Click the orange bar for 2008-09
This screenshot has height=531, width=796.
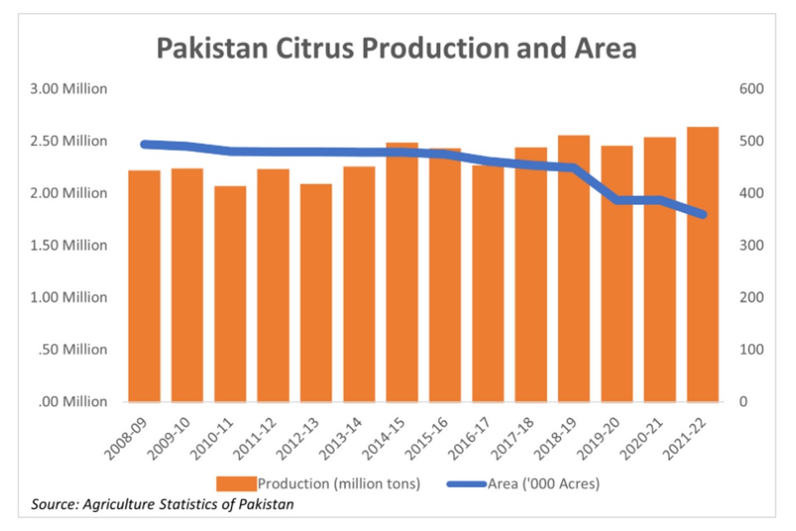click(x=145, y=285)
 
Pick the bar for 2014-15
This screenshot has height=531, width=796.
click(x=402, y=272)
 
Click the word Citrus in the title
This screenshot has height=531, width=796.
click(x=316, y=50)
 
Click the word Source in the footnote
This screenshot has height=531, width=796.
click(x=54, y=505)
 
